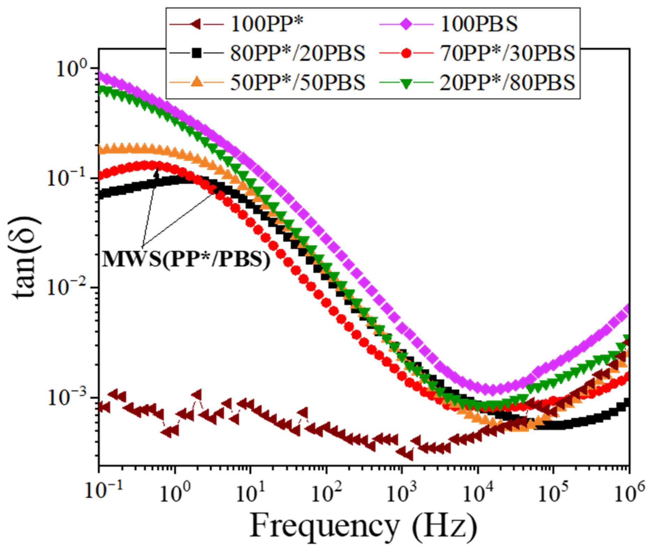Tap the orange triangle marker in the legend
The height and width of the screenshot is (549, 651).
(197, 83)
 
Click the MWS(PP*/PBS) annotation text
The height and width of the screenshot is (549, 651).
(186, 259)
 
